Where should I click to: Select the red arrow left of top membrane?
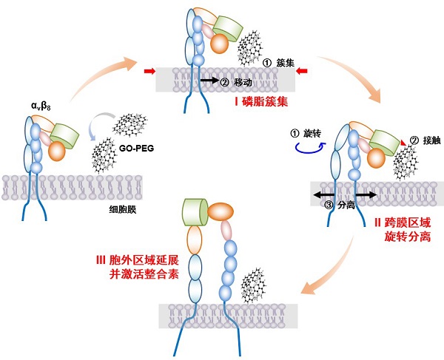coord(149,71)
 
